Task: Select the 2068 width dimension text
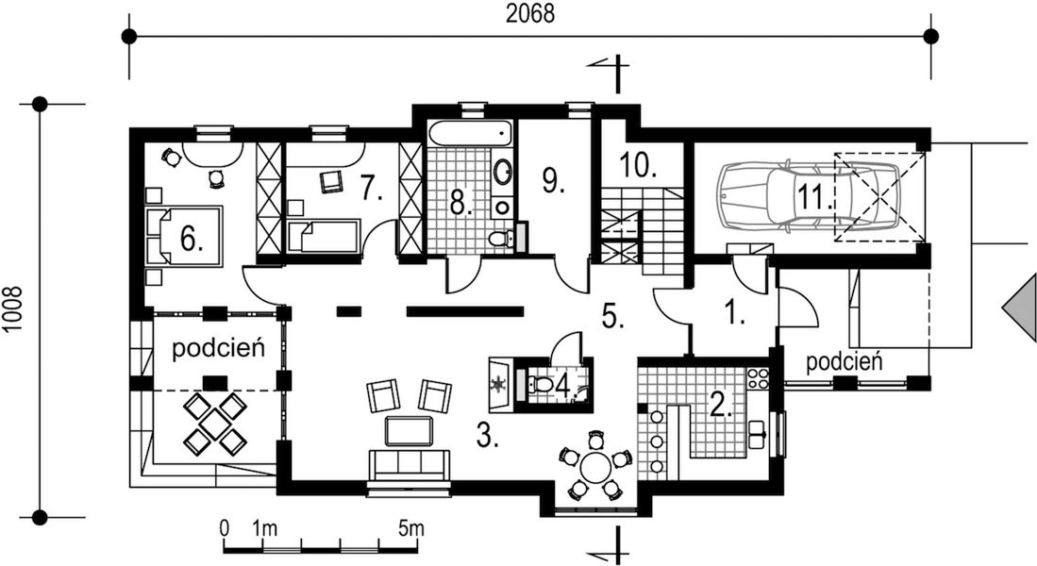coord(529,13)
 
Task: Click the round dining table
coord(594,467)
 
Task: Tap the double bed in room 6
coord(185,235)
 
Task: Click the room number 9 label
coord(553,179)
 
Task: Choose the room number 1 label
coord(732,312)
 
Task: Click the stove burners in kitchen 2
coord(758,379)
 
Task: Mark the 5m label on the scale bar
coord(410,528)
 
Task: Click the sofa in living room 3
coord(409,465)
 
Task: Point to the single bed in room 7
coord(324,235)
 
